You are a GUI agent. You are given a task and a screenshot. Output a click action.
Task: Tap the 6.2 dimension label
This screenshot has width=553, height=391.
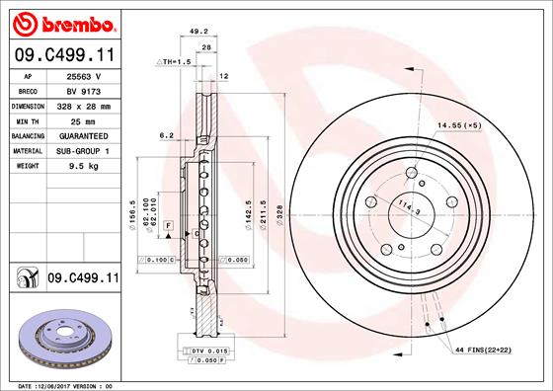point(166,135)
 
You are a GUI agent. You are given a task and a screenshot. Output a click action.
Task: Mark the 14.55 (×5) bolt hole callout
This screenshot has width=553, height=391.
point(458,124)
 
